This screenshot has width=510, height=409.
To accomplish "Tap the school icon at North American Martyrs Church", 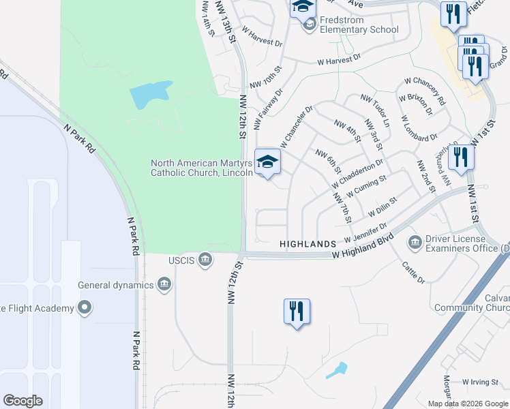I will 267,162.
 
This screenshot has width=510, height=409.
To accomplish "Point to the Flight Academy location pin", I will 84,308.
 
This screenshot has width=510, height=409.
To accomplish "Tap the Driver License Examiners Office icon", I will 414,243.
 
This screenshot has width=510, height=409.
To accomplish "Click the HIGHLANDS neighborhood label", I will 307,244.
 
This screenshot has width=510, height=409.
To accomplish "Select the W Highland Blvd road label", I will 363,247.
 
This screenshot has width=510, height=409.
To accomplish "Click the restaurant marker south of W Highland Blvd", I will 297,312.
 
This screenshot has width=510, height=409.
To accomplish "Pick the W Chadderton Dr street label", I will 357,175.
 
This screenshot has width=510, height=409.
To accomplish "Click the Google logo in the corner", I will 22,401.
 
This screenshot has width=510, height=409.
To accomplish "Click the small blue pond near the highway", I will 337,370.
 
